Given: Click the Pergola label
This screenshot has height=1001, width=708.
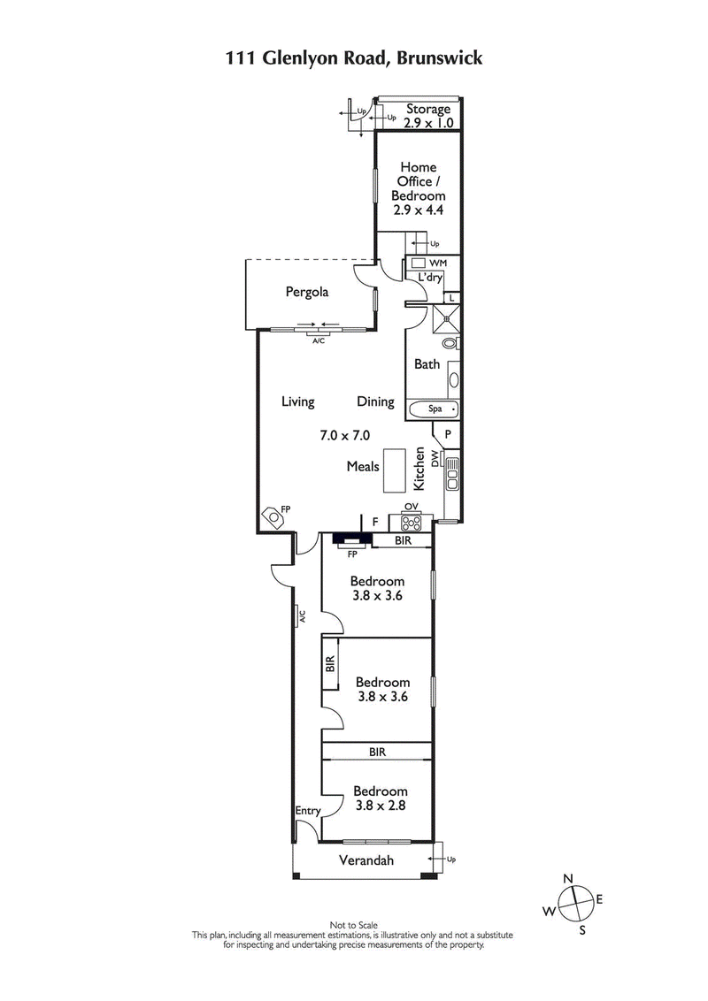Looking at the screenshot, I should tap(306, 291).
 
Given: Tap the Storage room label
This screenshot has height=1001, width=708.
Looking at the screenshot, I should tap(428, 110).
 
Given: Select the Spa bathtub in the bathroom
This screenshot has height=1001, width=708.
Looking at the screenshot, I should tap(434, 409).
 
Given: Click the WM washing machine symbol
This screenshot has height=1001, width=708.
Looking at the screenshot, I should tap(420, 264).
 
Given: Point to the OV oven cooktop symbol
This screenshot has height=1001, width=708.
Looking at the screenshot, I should tap(411, 520).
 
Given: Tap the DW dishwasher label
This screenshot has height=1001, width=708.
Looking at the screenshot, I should tap(435, 458).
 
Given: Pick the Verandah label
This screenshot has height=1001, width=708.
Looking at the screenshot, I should tap(366, 860).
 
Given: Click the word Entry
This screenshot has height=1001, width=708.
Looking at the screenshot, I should tap(307, 811).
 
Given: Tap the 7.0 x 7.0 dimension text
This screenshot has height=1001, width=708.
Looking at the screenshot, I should tap(344, 435).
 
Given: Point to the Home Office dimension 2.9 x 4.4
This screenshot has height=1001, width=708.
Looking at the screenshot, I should tap(419, 210).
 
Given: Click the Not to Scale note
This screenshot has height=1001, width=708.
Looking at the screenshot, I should tap(353, 924).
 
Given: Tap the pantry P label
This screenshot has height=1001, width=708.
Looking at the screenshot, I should tap(448, 434).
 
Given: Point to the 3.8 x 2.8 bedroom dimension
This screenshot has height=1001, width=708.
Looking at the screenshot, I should tap(381, 806).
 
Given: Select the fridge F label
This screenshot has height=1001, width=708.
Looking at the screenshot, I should tap(375, 523).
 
